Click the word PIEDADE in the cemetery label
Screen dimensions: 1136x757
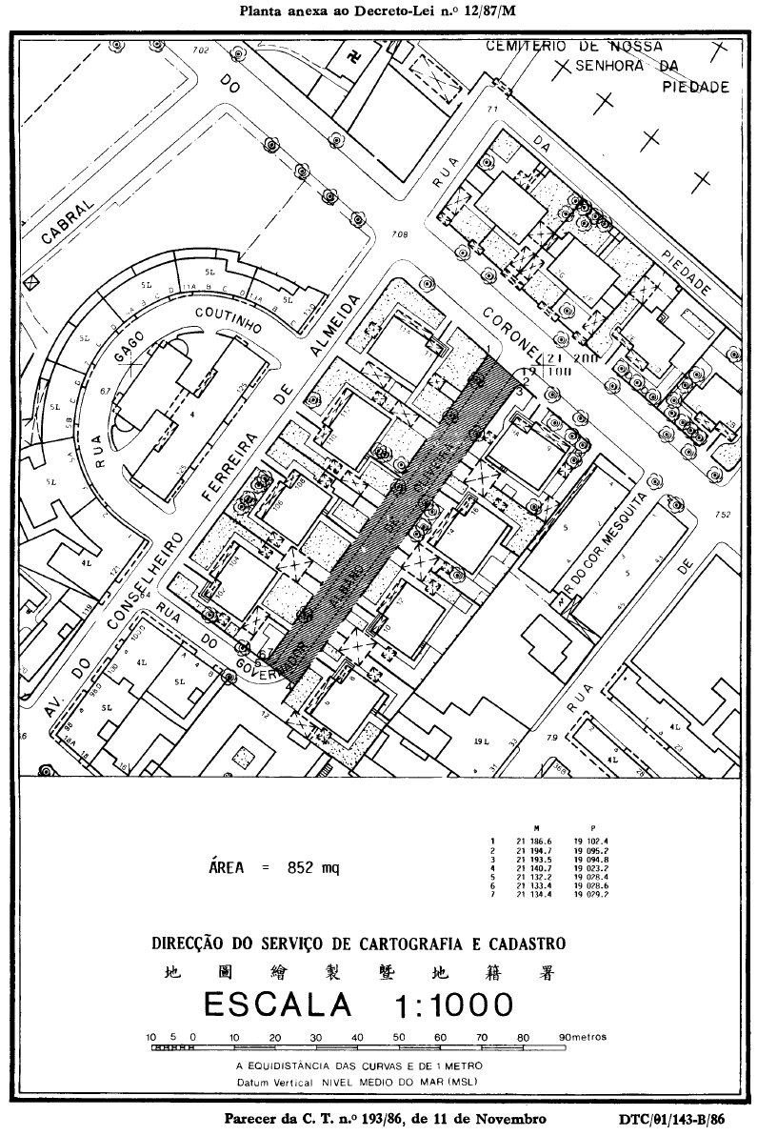[695, 87]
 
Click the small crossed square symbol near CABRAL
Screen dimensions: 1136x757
[32, 281]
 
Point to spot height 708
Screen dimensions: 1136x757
[399, 234]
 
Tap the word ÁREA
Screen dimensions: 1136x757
[227, 867]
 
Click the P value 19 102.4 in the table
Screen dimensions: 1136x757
[590, 841]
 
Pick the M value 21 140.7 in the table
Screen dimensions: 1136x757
[534, 868]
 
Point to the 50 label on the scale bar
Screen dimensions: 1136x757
[398, 1036]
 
